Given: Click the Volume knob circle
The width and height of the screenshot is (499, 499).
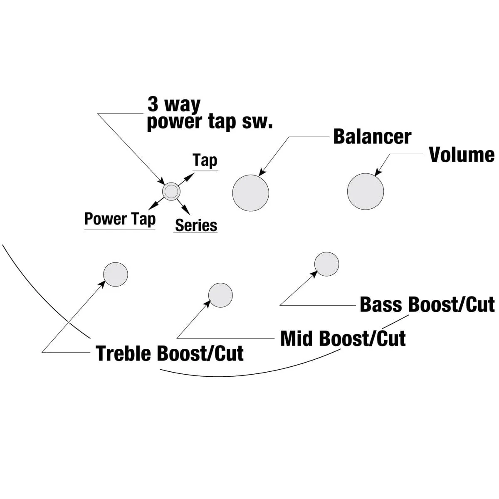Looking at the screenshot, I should coord(366,191).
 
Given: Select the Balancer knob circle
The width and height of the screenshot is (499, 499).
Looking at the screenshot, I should coord(251,193).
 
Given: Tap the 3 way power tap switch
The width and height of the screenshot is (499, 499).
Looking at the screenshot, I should coord(171,191).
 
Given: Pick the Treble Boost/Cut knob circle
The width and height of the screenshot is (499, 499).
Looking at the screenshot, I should coord(115,274).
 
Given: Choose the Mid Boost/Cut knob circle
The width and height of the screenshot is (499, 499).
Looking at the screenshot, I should coord(220,295).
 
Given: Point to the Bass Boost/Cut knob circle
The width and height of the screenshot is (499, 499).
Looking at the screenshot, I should coord(327,264).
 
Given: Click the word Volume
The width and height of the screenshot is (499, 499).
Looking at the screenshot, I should coord(462,155).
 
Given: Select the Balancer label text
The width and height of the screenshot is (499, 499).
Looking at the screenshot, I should coord(372,137).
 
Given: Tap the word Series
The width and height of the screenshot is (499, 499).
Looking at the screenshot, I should coord(196,225).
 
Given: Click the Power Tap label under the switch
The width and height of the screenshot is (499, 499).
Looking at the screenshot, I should coord(120,219).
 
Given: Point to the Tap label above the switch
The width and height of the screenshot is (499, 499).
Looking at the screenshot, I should coord(205,160).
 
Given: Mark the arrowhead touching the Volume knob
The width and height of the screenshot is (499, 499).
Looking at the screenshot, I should coord(378,173).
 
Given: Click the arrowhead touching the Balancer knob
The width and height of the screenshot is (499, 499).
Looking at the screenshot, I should coord(262,172).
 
